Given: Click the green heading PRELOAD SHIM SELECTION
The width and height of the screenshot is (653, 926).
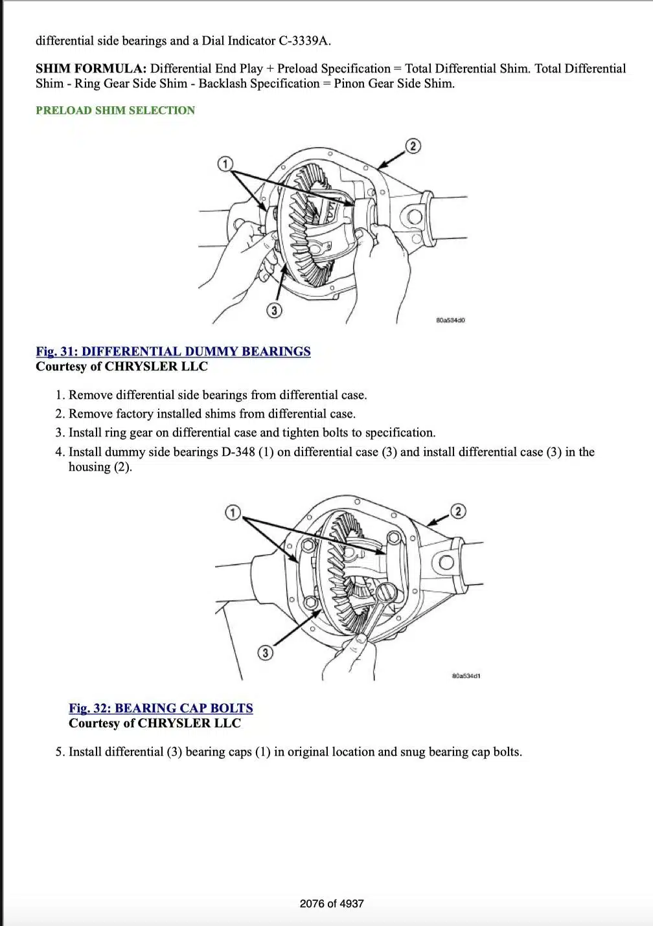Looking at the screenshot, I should (115, 110).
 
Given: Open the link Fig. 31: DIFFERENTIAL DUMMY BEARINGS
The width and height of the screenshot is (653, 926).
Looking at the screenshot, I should (173, 352).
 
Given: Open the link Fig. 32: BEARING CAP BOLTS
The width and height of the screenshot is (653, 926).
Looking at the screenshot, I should (161, 708).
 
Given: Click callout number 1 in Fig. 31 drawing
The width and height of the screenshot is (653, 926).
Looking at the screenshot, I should (225, 164).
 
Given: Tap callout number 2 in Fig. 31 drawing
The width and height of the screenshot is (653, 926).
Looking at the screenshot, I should (413, 146).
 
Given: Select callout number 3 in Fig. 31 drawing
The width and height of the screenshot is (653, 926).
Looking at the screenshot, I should (274, 311).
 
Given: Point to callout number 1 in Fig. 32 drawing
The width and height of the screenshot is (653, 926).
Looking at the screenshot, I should (233, 512).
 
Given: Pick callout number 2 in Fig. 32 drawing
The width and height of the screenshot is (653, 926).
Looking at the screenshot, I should (457, 512).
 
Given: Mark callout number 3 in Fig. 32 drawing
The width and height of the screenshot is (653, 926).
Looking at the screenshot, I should (264, 653).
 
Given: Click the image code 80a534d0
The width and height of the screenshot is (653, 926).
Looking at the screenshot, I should (450, 321).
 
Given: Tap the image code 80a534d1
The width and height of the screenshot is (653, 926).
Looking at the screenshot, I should (466, 676).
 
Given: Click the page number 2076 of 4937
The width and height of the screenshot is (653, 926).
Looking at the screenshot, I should (332, 903).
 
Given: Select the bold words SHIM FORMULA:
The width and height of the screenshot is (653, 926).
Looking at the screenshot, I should (91, 69).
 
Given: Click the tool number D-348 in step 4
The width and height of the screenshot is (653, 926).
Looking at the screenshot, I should (238, 452).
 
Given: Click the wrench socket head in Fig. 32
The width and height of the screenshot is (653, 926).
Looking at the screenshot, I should (386, 593).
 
